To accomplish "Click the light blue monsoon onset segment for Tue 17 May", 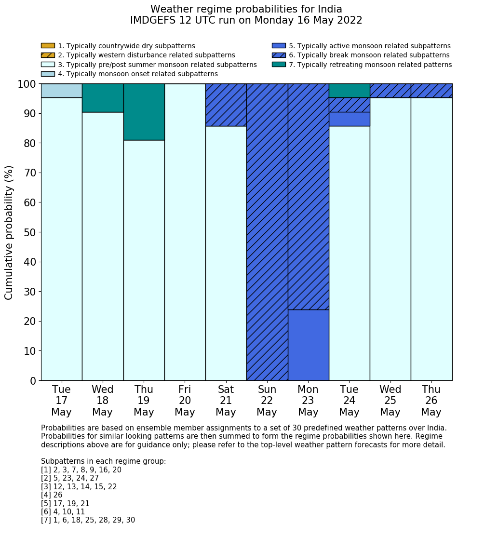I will click(61, 91).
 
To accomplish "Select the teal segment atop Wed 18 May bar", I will click(103, 98).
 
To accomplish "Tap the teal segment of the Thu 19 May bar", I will click(144, 112).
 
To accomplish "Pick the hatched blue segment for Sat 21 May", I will click(226, 105).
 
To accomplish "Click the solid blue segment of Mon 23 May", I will click(308, 345).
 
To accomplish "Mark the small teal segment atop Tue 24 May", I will click(349, 91).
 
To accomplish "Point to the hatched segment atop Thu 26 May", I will click(431, 91).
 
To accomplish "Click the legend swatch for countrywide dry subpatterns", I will click(48, 46).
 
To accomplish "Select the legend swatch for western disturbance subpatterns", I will click(48, 55).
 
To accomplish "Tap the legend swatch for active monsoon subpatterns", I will click(279, 46).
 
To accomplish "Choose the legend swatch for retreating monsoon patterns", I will click(279, 65).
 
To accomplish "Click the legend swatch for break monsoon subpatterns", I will click(279, 55).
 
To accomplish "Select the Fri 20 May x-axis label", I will click(185, 401).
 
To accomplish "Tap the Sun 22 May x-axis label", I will click(267, 401).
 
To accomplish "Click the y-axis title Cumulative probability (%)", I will click(9, 232).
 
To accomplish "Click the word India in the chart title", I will click(329, 9).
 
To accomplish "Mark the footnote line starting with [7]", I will click(88, 520).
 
